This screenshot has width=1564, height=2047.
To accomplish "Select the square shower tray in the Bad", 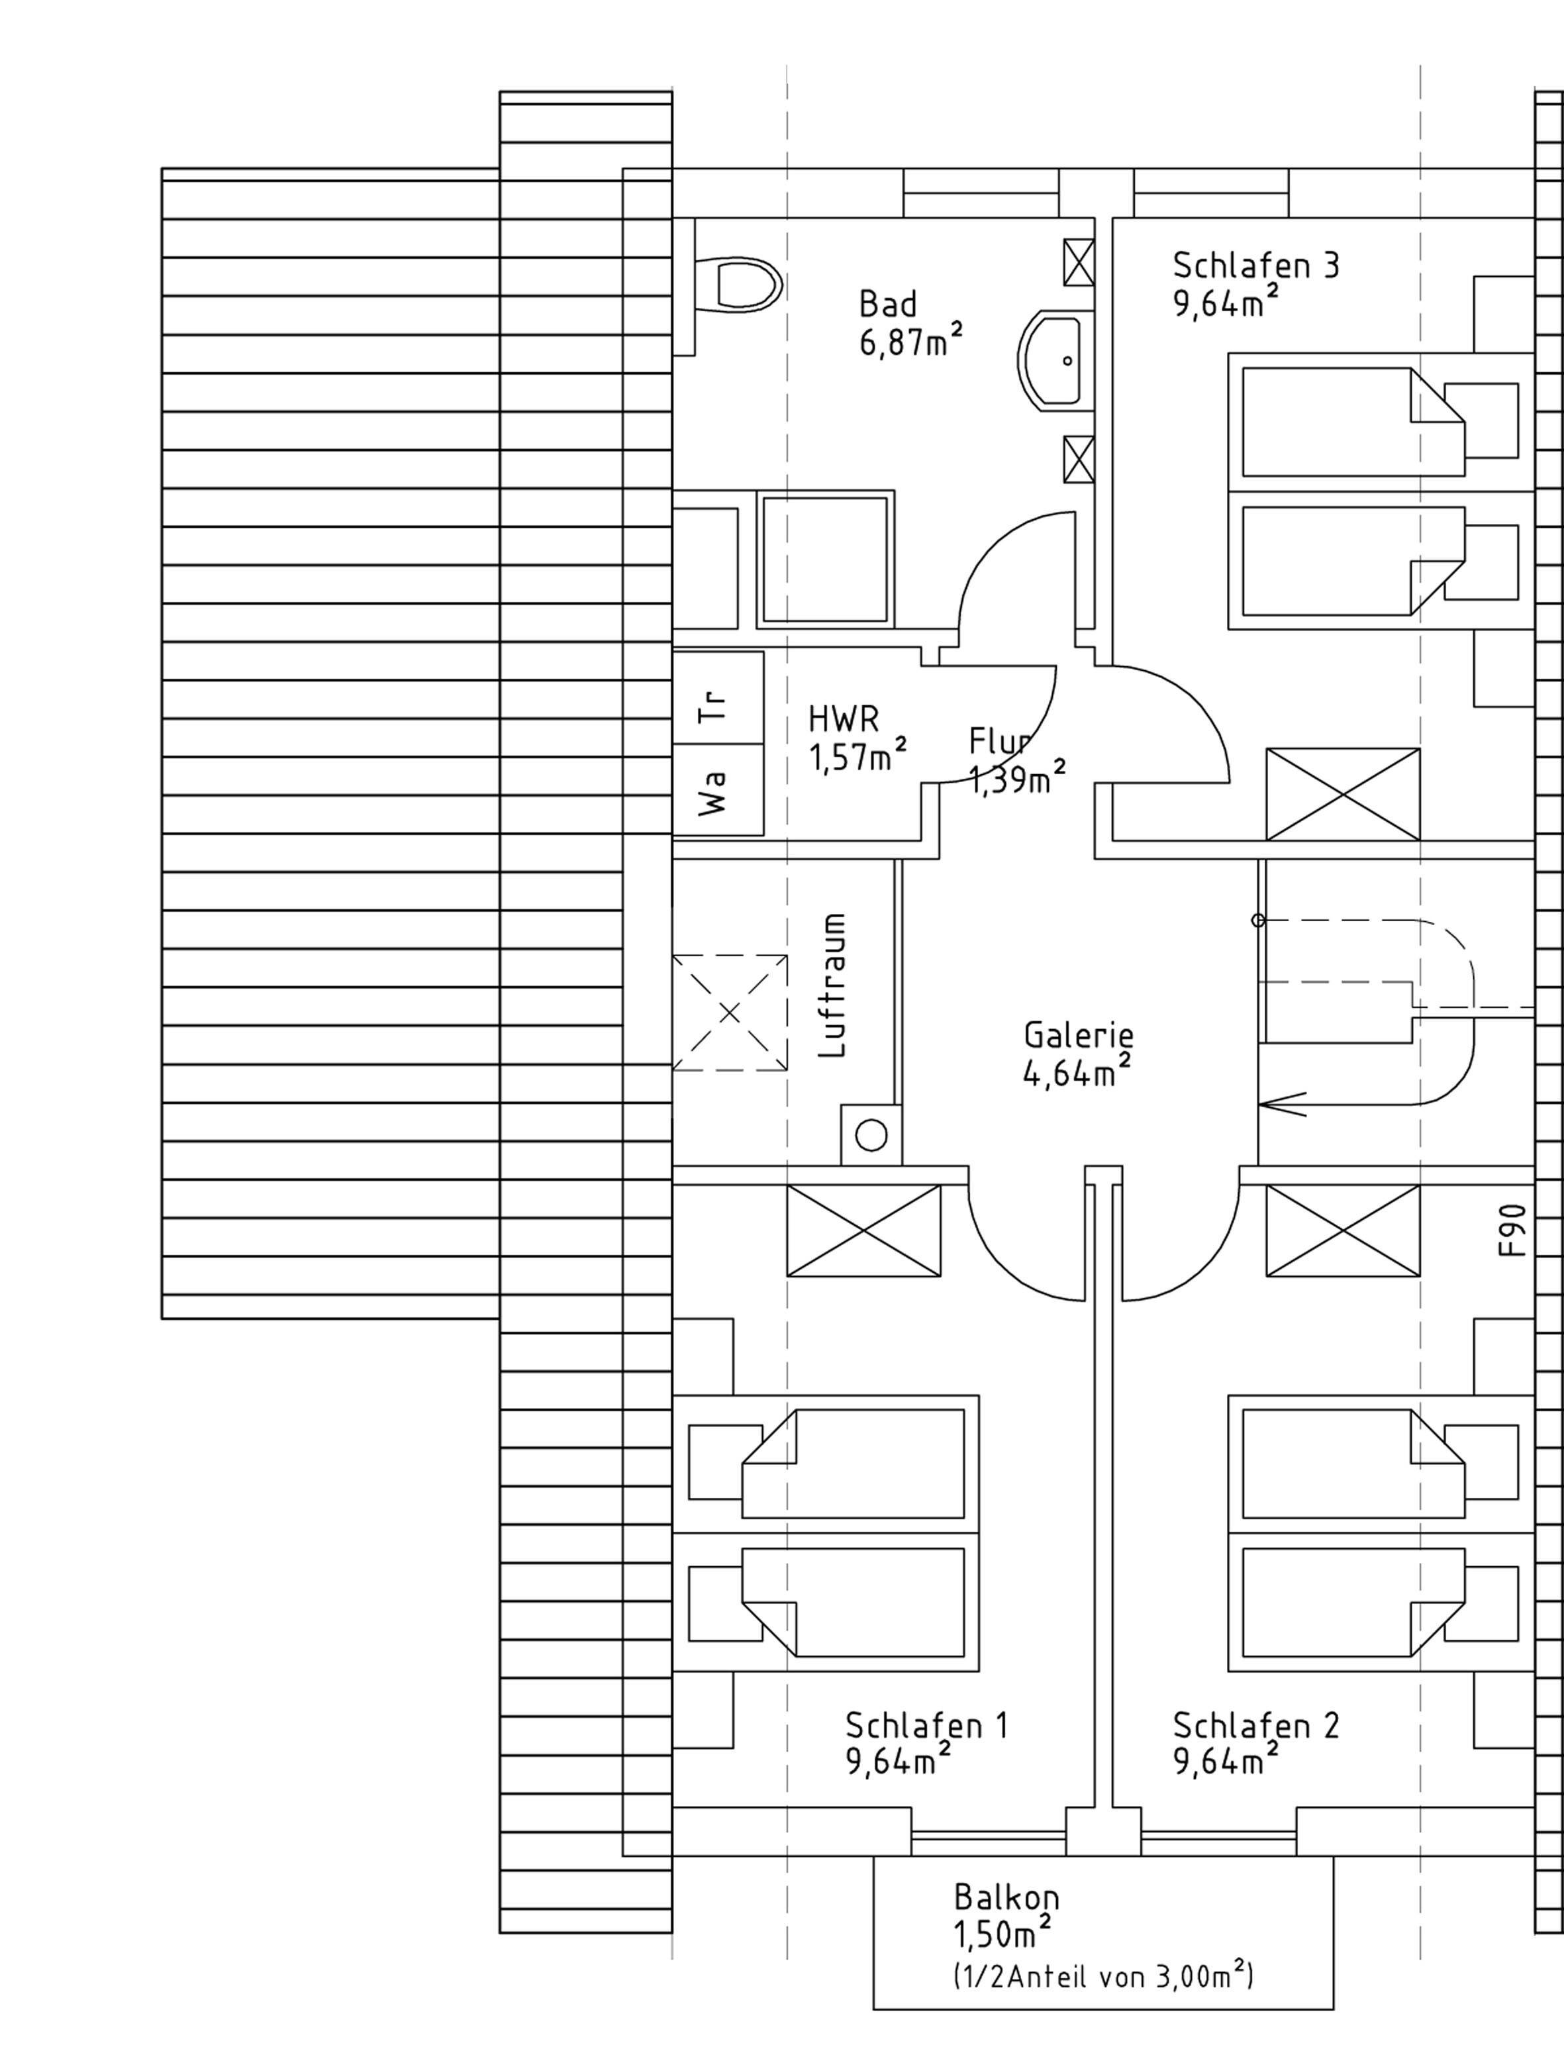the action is coord(824,558).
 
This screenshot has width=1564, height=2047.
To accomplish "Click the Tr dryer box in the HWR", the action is coord(717,697).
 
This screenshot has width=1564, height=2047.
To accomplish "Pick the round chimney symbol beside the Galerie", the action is coord(871,1134).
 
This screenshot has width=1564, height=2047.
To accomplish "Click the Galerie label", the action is coord(1078,1034).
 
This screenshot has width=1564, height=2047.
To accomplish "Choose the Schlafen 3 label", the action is coord(1255,266).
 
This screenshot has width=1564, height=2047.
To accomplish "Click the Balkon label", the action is coord(1006,1897).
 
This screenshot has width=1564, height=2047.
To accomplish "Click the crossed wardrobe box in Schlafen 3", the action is coord(1342,794).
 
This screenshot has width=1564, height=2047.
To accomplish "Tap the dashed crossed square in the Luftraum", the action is coord(730,1013).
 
